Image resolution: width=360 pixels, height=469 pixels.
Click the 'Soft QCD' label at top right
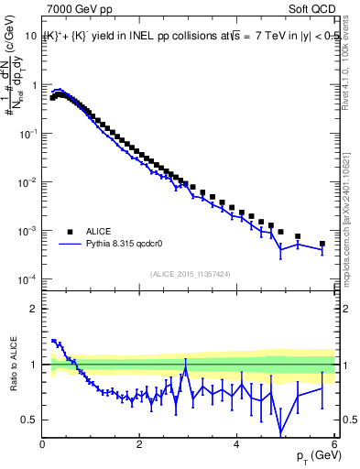(x=311, y=11)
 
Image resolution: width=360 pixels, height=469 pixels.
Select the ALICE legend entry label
(x=98, y=232)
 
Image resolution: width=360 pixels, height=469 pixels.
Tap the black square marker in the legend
(x=70, y=232)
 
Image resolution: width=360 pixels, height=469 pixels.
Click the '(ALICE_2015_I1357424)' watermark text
(x=190, y=273)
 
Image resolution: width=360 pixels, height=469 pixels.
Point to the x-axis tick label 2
(x=140, y=445)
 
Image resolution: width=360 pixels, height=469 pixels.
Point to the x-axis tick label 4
(x=237, y=445)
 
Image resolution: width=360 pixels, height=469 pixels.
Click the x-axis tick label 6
(x=333, y=445)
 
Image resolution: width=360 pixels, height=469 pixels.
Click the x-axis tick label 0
(x=43, y=445)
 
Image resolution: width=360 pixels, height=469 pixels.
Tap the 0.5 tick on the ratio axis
(x=29, y=420)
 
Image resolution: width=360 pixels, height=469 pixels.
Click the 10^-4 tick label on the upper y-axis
(x=27, y=279)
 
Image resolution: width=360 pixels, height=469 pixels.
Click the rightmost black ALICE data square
(x=322, y=244)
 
